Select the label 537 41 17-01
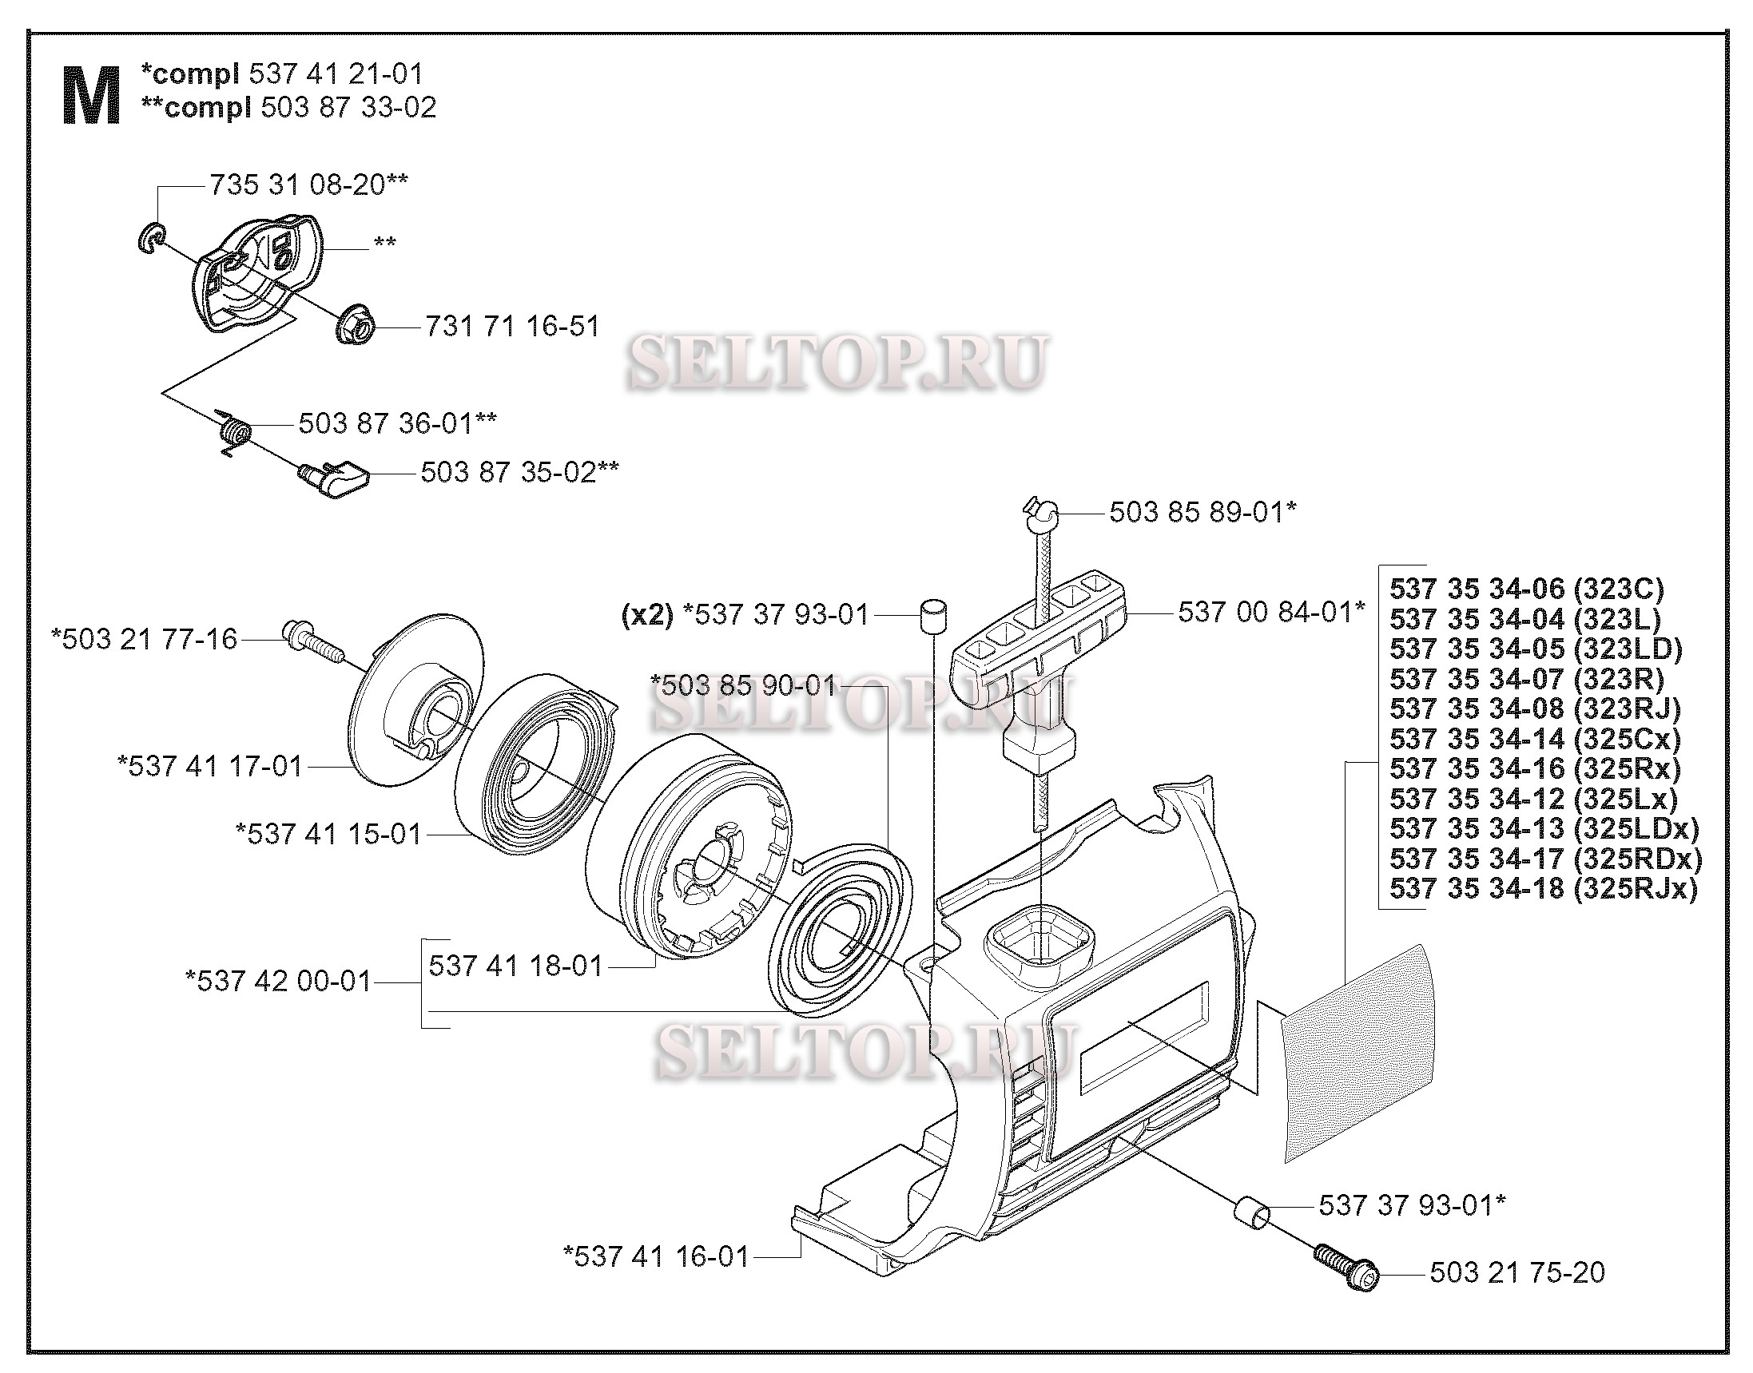pyautogui.click(x=210, y=765)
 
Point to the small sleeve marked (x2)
pyautogui.click(x=932, y=617)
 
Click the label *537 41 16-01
pyautogui.click(x=656, y=1256)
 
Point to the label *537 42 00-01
pyautogui.click(x=278, y=981)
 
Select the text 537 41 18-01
pyautogui.click(x=515, y=966)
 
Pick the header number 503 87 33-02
pyautogui.click(x=348, y=107)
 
